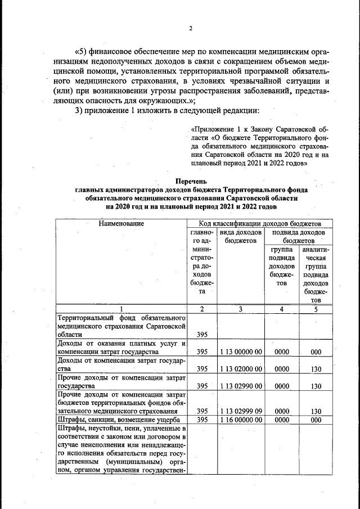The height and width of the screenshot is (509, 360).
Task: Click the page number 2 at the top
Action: (x=191, y=29)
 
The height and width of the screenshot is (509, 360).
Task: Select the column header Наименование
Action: (x=122, y=224)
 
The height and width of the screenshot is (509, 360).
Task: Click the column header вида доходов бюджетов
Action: (x=240, y=236)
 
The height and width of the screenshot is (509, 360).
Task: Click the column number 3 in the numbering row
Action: (x=240, y=308)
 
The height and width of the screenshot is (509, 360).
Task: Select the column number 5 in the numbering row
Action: (x=316, y=308)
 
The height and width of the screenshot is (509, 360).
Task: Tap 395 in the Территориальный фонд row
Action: (x=202, y=334)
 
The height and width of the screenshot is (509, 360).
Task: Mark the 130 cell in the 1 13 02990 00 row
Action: (x=316, y=387)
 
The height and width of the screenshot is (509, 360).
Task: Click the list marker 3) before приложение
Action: (x=80, y=109)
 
